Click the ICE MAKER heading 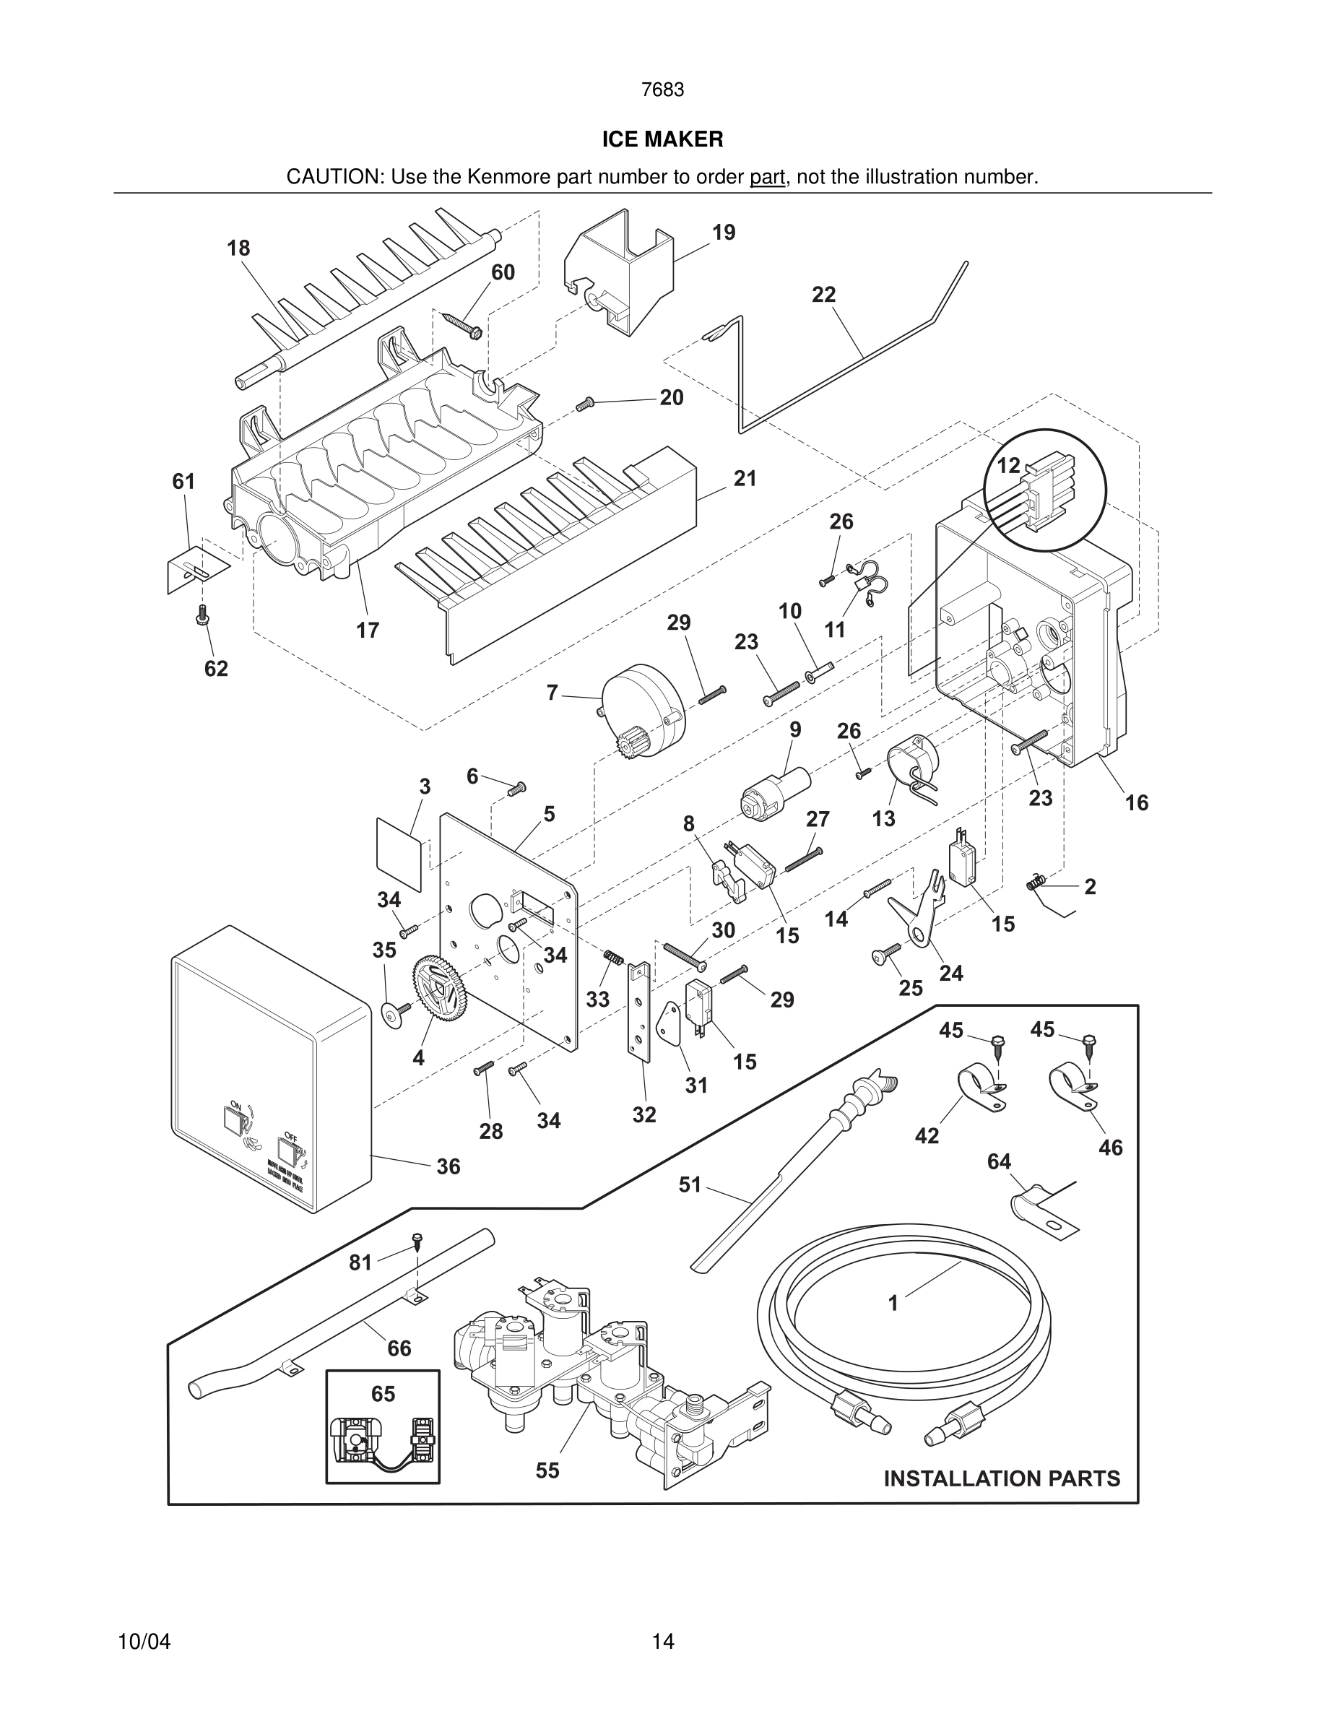[x=662, y=140]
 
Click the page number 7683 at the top [x=662, y=90]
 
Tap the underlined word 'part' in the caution [x=767, y=178]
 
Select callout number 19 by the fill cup [x=724, y=233]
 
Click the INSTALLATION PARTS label [x=1002, y=1478]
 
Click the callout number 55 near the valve [x=547, y=1470]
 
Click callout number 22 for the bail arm [x=824, y=295]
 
